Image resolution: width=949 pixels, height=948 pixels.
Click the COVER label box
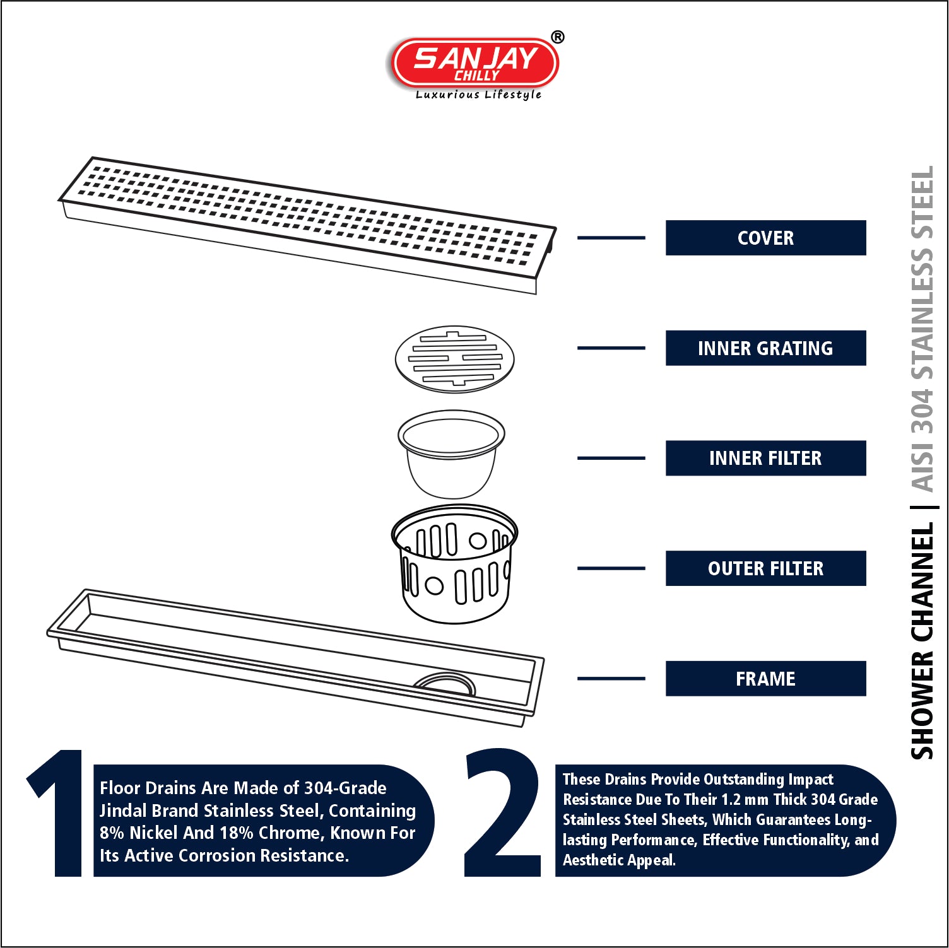(765, 238)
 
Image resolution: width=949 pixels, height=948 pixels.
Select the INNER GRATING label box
(765, 348)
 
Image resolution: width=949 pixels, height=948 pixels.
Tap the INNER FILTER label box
(765, 458)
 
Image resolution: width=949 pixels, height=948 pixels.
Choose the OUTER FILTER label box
(765, 568)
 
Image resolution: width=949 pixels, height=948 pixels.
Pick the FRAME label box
(765, 679)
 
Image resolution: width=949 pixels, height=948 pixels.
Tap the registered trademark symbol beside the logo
(558, 37)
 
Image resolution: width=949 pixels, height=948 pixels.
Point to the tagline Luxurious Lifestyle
(478, 95)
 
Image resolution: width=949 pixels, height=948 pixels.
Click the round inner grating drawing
(454, 360)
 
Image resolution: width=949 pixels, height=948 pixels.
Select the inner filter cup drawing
(451, 454)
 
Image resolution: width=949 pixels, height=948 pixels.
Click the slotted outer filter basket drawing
(454, 565)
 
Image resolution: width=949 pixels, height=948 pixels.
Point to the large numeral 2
(503, 812)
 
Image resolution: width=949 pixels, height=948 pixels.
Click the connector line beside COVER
(611, 238)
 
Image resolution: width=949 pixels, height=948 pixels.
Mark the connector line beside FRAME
(611, 679)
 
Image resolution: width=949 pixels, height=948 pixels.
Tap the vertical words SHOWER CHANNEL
(922, 641)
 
